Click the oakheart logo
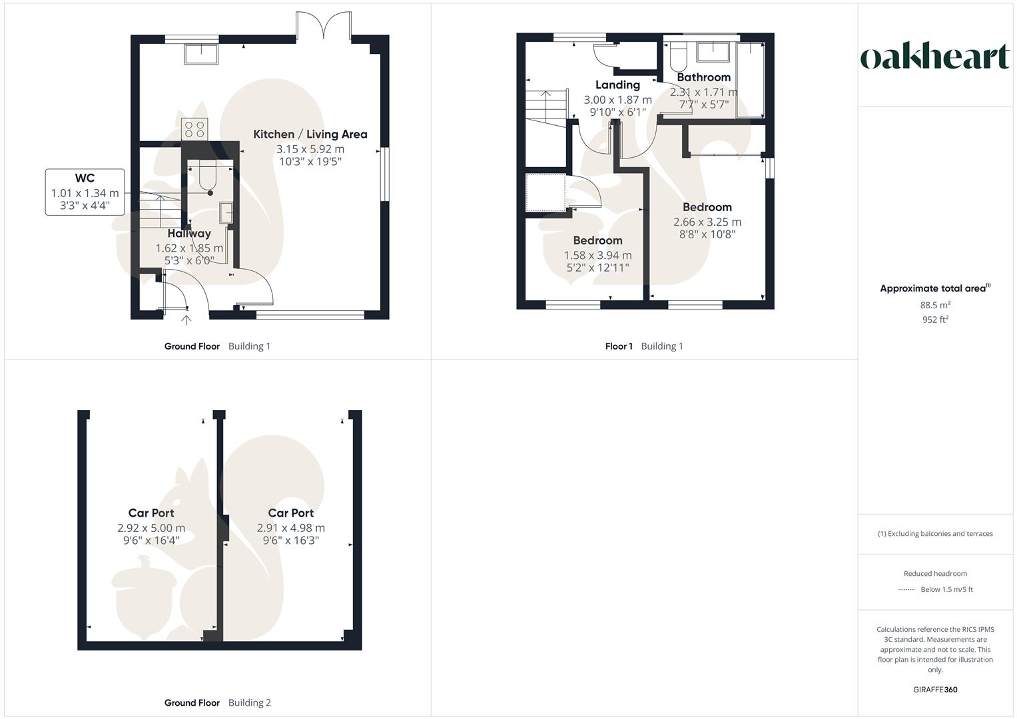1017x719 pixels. tap(935, 57)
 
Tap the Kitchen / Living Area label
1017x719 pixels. tap(310, 134)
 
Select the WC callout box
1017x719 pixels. tap(85, 192)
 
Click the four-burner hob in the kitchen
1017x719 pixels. tap(194, 128)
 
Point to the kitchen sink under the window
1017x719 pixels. tap(201, 54)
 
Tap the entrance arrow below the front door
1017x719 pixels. tap(186, 320)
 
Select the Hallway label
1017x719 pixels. tap(189, 234)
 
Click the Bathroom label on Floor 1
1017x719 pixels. tap(703, 78)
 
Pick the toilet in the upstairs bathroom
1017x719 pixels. tap(679, 57)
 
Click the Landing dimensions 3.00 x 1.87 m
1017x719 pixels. tap(617, 100)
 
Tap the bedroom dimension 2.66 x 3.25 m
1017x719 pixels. tap(707, 222)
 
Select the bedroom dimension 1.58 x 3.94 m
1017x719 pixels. tap(597, 256)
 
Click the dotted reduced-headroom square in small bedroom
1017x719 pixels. tap(545, 193)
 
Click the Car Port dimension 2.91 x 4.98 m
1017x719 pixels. tap(291, 528)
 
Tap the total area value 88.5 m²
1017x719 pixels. tap(935, 306)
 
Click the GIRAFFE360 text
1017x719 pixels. tap(935, 690)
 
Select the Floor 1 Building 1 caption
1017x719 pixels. tap(644, 346)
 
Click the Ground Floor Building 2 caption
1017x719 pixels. tap(218, 703)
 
